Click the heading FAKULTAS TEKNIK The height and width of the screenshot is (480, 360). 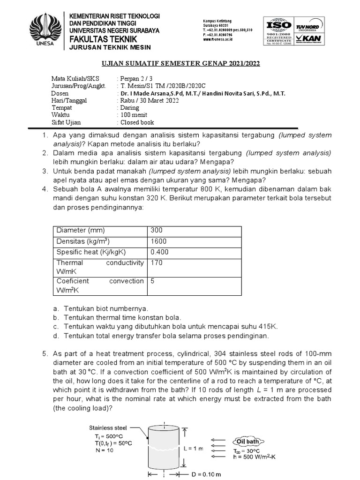click(x=103, y=38)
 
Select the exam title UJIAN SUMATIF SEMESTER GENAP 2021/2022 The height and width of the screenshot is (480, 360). click(x=180, y=63)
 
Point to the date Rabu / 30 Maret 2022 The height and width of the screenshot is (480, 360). click(x=149, y=100)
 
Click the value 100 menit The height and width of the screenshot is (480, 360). click(x=134, y=115)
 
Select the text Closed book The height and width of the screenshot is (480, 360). click(x=137, y=122)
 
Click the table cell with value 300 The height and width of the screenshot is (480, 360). click(x=157, y=230)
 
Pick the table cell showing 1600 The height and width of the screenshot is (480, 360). click(x=158, y=241)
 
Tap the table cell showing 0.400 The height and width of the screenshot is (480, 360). click(x=159, y=252)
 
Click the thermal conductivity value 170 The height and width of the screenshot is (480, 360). click(x=157, y=262)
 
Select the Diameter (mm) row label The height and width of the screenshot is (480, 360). click(x=81, y=230)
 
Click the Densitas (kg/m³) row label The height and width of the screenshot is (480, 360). click(x=83, y=241)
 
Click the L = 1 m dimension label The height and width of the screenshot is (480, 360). click(x=193, y=448)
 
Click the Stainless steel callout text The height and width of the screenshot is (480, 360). click(x=108, y=427)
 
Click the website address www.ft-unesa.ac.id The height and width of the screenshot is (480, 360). click(x=218, y=39)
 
